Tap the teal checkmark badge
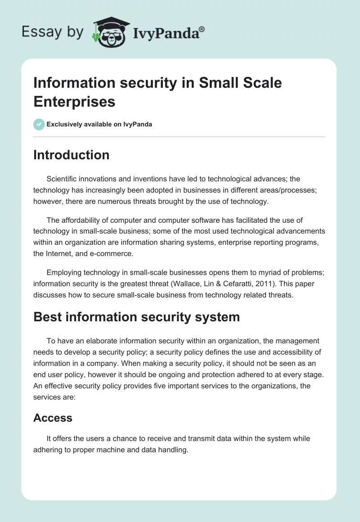39,124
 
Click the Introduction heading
71,155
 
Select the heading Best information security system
136,317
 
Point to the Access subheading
53,418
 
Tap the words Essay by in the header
52,32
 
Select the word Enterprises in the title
74,102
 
